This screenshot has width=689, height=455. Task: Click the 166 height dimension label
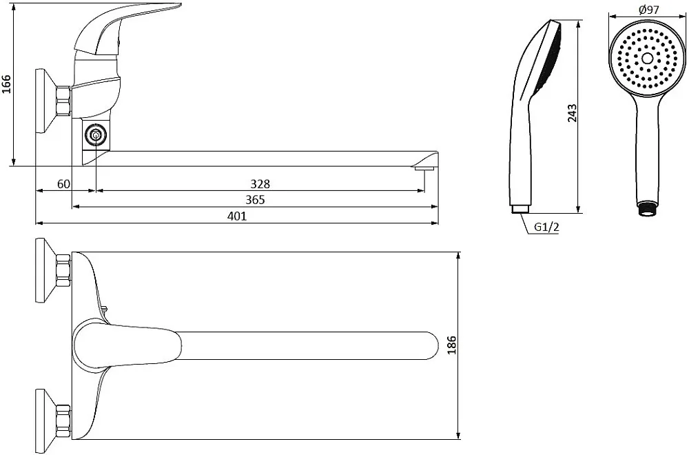point(7,84)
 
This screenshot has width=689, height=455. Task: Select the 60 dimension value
point(63,184)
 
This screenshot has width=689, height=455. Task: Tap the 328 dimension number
point(260,184)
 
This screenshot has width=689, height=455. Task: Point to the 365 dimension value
point(256,200)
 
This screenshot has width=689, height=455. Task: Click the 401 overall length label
point(237,216)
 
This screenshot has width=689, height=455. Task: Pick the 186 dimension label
point(452,345)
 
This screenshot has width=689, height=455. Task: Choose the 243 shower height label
point(572,114)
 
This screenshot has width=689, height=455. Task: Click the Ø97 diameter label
point(649,9)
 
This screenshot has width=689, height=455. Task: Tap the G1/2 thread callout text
point(546,228)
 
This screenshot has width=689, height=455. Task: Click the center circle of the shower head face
point(647,59)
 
